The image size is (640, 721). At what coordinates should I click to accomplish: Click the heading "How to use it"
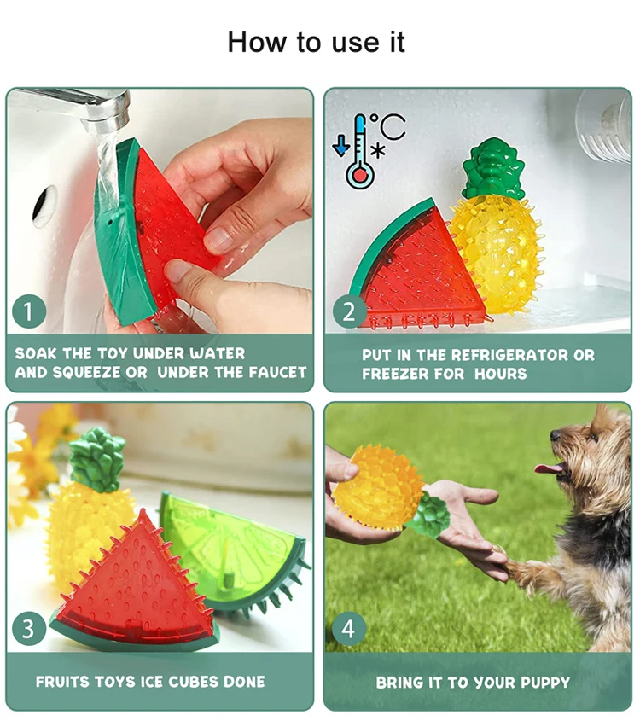[316, 41]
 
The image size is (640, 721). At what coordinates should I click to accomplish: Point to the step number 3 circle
[28, 630]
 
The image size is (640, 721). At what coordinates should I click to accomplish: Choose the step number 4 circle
[348, 630]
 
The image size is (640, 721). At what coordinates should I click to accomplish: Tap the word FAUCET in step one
[276, 372]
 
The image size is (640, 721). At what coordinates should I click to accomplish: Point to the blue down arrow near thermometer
[341, 146]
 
